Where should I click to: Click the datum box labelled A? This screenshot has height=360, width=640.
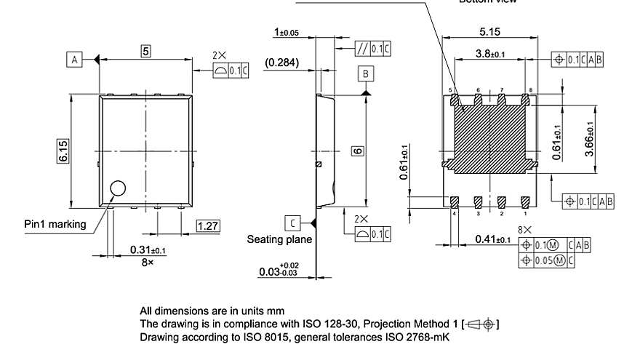(74, 60)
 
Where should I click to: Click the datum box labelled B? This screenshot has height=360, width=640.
(366, 74)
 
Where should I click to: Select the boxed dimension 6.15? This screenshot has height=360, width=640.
(63, 151)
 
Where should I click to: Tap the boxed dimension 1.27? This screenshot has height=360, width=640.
(208, 226)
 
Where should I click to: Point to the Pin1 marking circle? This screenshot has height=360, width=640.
(118, 190)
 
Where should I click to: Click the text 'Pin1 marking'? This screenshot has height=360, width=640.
(55, 224)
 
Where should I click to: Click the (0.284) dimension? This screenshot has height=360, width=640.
(281, 63)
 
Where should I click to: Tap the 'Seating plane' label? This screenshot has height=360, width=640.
(279, 239)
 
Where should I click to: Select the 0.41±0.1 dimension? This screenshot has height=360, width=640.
(492, 239)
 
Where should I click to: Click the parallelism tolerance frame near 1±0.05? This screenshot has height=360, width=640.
(372, 49)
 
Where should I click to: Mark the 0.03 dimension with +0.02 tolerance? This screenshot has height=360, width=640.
(278, 271)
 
